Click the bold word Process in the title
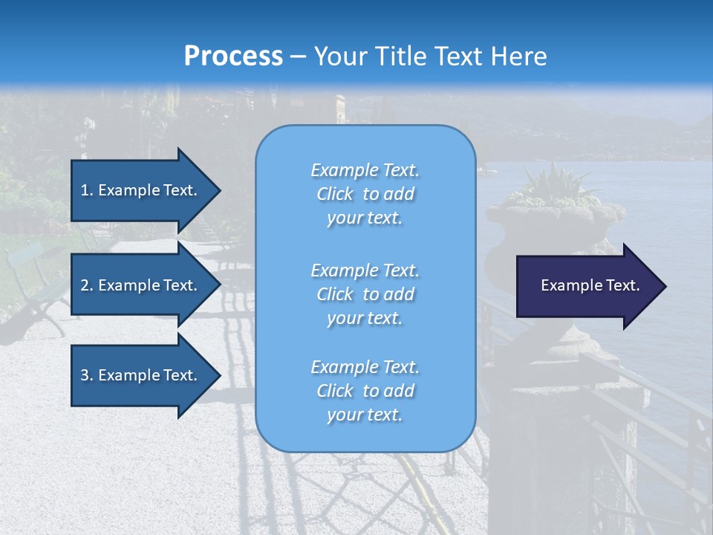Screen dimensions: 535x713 pos(233,56)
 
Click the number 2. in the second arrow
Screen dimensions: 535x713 pos(87,285)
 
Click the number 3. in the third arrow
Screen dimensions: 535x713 pos(87,375)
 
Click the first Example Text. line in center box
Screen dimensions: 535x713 pos(365,171)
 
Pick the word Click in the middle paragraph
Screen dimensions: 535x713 pos(335,294)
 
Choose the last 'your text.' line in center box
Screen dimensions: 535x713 pos(365,415)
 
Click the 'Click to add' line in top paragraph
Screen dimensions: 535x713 pos(365,195)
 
